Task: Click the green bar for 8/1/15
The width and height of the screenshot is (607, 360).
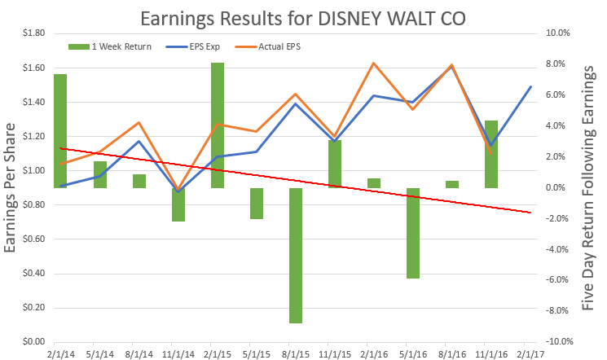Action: click(296, 256)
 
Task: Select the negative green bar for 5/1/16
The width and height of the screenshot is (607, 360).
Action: click(413, 233)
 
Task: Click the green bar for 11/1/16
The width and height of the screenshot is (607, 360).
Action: click(491, 154)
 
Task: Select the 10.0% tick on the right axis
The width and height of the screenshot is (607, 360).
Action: click(556, 33)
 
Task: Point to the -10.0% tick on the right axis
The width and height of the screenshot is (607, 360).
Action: click(555, 342)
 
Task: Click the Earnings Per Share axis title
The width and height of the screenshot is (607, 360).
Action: click(11, 187)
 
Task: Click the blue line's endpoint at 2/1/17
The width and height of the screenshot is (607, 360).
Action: click(530, 86)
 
